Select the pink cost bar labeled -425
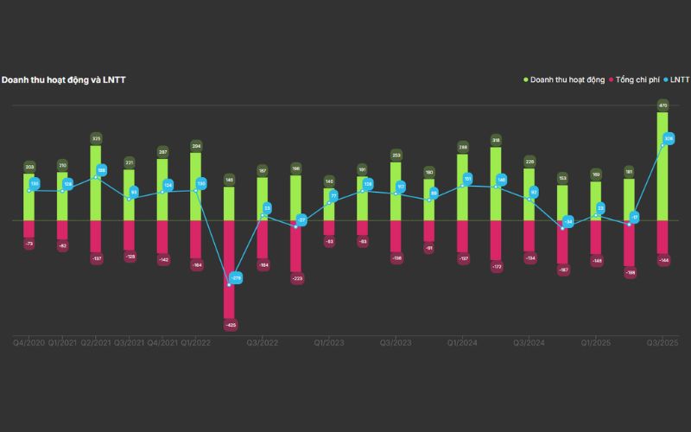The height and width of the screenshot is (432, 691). point(229,268)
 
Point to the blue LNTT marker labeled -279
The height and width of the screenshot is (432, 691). point(235,278)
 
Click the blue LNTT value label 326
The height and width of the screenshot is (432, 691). point(669,138)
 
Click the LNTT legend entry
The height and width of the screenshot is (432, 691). point(678,79)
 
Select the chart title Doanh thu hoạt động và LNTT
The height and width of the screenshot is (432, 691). point(64,79)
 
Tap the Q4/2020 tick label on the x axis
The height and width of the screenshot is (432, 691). point(29,343)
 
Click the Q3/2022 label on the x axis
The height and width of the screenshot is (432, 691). point(262,343)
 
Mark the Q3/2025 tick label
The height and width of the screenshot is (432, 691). point(662,343)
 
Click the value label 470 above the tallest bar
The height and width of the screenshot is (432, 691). point(662,105)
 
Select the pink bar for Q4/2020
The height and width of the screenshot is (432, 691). point(29,229)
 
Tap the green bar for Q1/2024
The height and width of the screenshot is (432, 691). point(462,187)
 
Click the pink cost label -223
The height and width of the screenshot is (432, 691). point(296,278)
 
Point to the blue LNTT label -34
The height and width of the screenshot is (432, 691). point(568,222)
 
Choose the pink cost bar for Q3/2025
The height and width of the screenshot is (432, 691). point(662,238)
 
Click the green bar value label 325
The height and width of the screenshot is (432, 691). point(96,138)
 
